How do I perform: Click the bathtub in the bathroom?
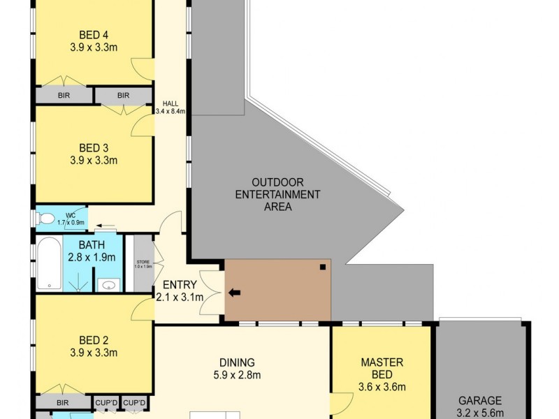point(49,265)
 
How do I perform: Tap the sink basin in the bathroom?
point(108,284)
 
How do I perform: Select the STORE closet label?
point(143,264)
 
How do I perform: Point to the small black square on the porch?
point(322,267)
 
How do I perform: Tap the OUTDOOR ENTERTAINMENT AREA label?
point(277,194)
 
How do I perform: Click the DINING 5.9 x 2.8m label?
point(237,369)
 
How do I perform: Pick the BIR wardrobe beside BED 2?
point(63,403)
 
